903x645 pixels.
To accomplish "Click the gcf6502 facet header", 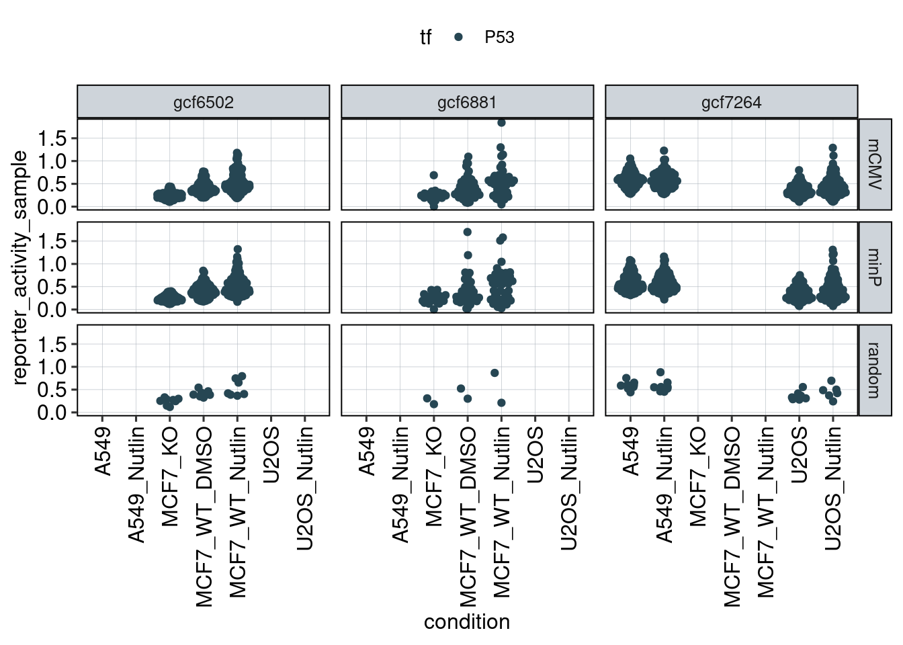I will point(203,102).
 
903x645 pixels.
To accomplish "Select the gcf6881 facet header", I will point(467,102).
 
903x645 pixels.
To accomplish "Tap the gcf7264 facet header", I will point(731,102).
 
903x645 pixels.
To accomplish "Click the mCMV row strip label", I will point(875,164).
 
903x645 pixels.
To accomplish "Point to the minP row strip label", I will point(875,267).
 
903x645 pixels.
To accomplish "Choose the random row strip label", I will point(875,370).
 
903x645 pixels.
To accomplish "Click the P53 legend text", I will point(499,38).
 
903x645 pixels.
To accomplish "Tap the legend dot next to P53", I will point(458,38).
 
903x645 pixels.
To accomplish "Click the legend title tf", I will point(425,38).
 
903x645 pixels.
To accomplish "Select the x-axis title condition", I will point(467,622).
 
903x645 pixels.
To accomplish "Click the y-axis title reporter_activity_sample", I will point(20,267).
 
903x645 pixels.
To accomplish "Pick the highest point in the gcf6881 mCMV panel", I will point(501,122).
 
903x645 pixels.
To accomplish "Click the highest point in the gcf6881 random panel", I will point(494,373).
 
